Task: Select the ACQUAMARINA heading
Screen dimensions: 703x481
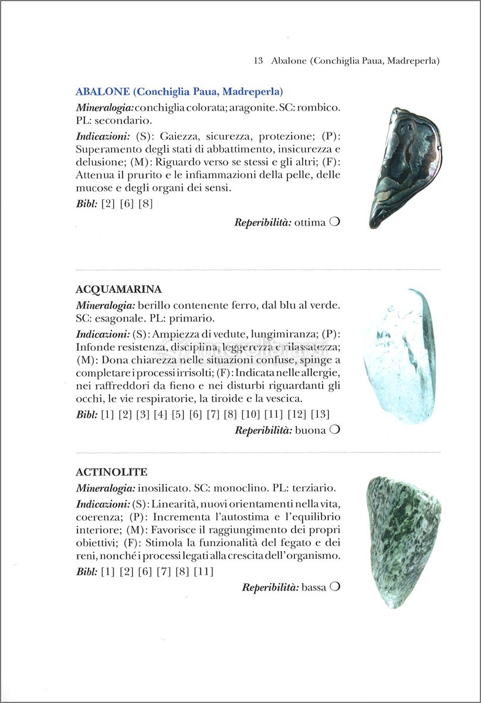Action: pyautogui.click(x=118, y=289)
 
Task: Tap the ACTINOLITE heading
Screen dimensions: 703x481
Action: pyautogui.click(x=111, y=472)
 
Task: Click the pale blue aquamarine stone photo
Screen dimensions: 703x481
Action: pyautogui.click(x=400, y=355)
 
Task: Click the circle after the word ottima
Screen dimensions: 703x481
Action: pyautogui.click(x=335, y=222)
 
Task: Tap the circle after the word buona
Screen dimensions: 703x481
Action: pyautogui.click(x=335, y=429)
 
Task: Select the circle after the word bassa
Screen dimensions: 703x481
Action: pyautogui.click(x=335, y=586)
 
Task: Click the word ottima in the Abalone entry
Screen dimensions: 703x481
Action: pyautogui.click(x=310, y=223)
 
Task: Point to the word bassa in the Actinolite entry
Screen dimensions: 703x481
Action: pyautogui.click(x=313, y=587)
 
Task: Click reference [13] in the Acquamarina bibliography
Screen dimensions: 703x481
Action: pyautogui.click(x=320, y=414)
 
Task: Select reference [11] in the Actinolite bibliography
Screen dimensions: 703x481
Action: pyautogui.click(x=204, y=571)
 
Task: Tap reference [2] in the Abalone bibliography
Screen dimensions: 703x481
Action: pyautogui.click(x=108, y=203)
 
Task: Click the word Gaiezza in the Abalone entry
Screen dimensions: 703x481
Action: pyautogui.click(x=177, y=136)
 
